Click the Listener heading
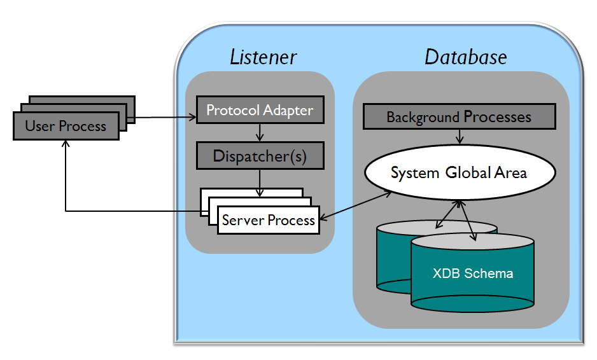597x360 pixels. (263, 57)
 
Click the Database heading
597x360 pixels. (465, 57)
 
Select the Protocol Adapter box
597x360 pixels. (260, 110)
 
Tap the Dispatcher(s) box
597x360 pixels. (260, 156)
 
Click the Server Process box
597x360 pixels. (268, 220)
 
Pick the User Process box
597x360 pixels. (66, 126)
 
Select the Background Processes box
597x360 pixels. (458, 117)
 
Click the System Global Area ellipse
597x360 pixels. (459, 173)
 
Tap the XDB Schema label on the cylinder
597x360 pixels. (473, 273)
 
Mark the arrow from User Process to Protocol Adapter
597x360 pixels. (162, 117)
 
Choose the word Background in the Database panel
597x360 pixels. (423, 117)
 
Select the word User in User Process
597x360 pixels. (38, 126)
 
